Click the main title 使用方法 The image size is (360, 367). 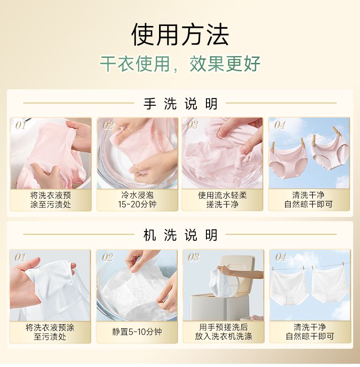[x=180, y=35]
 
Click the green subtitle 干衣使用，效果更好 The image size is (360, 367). [x=180, y=63]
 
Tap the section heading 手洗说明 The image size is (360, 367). [x=180, y=103]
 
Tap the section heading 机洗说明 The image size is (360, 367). [x=180, y=235]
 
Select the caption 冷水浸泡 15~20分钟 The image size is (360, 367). [x=137, y=200]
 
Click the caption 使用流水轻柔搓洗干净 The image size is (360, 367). [x=222, y=200]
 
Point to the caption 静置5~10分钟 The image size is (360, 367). [x=137, y=331]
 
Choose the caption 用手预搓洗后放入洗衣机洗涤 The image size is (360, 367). [x=223, y=331]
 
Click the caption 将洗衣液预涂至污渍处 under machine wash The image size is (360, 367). [x=50, y=332]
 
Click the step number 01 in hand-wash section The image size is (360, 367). [x=21, y=125]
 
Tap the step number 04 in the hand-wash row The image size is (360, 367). [x=280, y=125]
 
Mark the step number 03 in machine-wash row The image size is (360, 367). [x=194, y=257]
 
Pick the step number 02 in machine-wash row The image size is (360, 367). [x=108, y=258]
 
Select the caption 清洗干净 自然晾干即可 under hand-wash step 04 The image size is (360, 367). [x=309, y=200]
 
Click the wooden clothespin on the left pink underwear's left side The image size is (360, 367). [x=273, y=147]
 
